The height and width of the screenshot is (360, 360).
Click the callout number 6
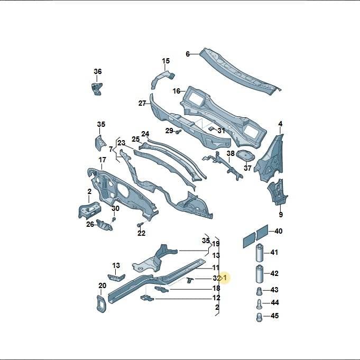188,54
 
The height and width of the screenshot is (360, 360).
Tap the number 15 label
166,61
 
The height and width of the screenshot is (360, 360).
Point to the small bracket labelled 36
97,89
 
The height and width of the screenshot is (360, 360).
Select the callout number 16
177,91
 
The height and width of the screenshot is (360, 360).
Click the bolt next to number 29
178,132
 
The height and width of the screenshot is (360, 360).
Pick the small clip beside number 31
211,128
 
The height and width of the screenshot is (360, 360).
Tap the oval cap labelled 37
245,155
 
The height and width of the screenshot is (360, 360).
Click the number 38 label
230,153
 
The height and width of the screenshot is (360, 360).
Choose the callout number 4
280,124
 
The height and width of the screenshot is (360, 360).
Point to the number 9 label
281,215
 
